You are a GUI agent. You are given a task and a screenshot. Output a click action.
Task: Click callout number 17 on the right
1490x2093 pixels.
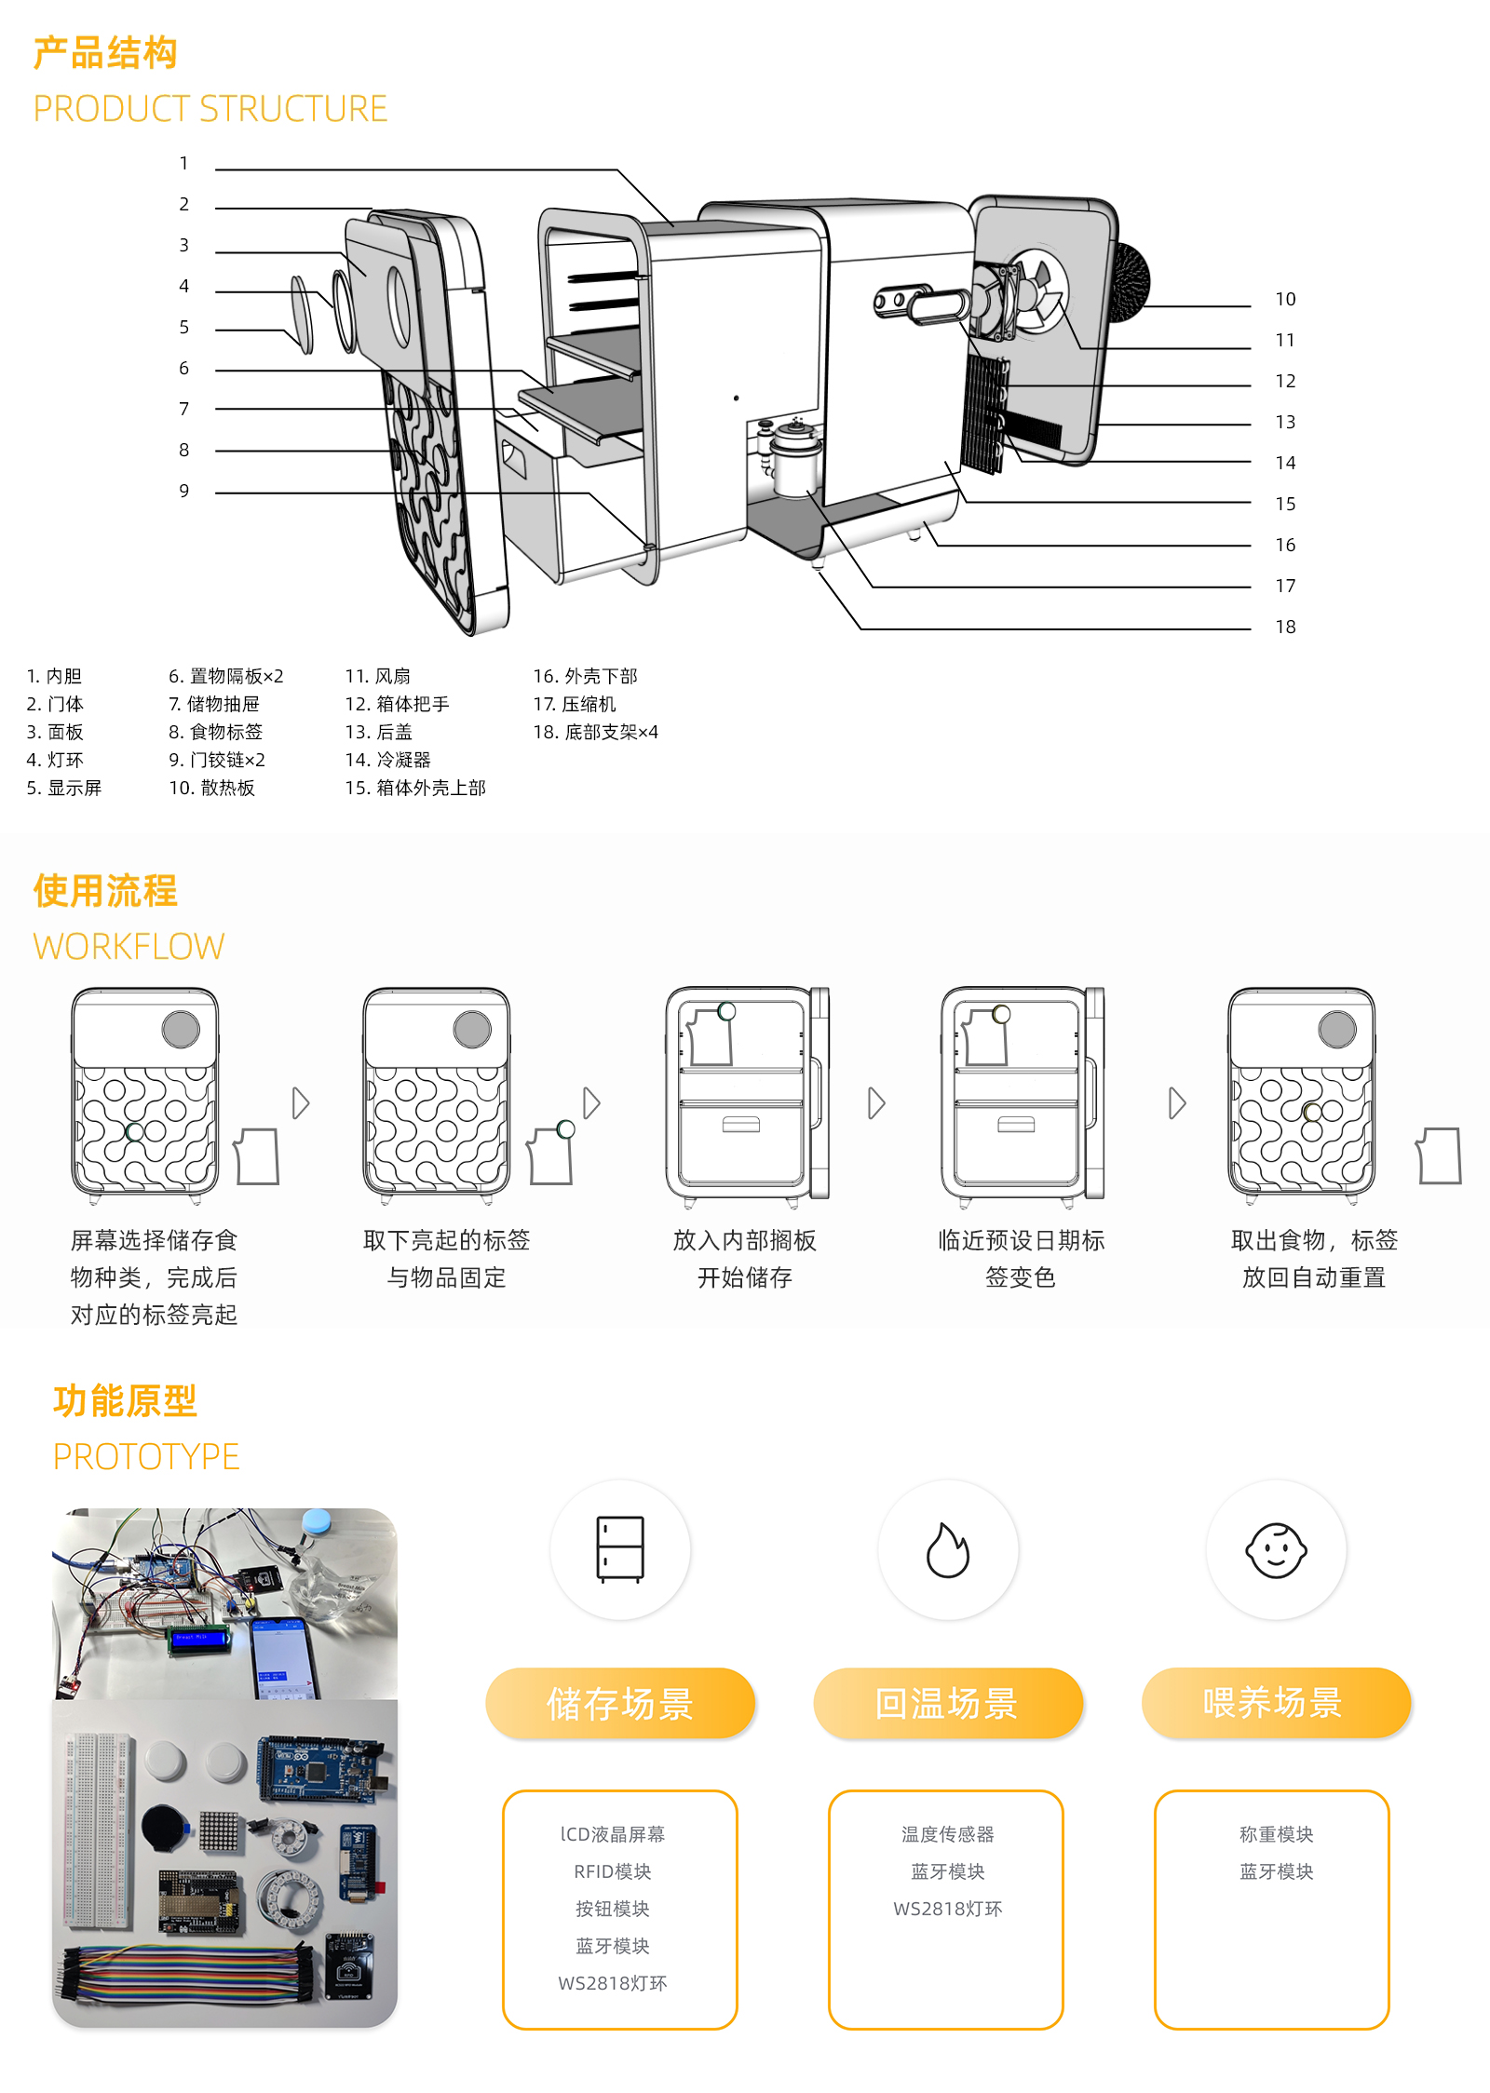(1285, 586)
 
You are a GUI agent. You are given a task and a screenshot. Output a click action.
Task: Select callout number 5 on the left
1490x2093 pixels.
(184, 328)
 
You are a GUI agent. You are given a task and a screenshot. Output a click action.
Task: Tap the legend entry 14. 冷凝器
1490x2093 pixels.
(387, 760)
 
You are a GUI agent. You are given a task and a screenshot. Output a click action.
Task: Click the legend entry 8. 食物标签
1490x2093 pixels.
(215, 732)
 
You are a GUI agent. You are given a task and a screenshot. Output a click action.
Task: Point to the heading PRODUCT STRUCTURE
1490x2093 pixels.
(210, 109)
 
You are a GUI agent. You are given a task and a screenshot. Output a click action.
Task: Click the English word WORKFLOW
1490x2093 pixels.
(129, 947)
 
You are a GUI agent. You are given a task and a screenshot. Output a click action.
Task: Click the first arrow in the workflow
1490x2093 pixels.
(300, 1103)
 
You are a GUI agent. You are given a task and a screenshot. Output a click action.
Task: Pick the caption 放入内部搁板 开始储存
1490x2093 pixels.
(744, 1259)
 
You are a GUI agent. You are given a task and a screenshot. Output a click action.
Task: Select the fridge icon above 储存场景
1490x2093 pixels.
(620, 1549)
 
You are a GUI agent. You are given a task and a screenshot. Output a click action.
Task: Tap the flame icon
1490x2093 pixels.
(948, 1550)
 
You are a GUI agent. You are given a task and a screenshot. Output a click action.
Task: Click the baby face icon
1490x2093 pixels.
(1276, 1550)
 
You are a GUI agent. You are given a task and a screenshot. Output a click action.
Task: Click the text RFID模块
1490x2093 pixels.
(612, 1871)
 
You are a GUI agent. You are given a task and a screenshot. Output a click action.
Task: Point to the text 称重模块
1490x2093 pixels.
(1276, 1834)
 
